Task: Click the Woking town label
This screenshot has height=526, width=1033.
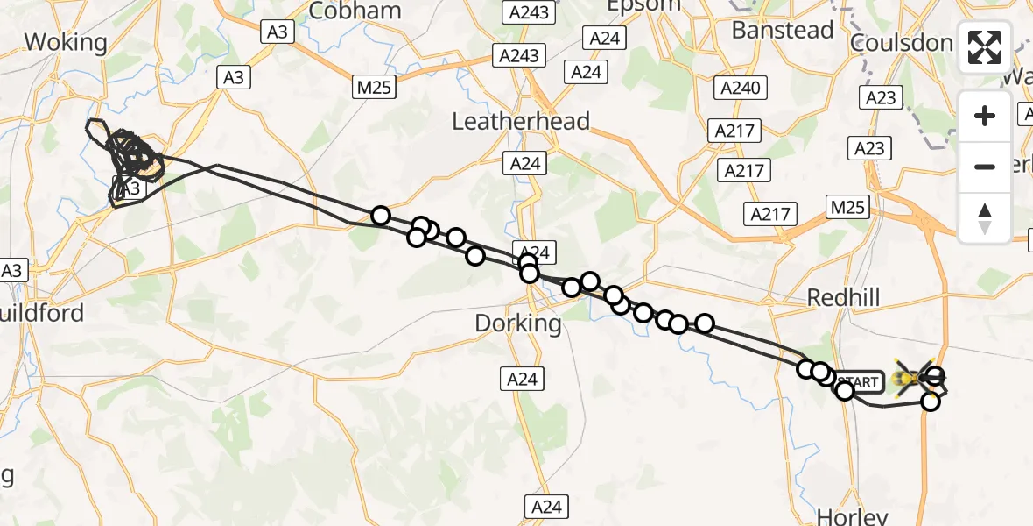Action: pyautogui.click(x=66, y=41)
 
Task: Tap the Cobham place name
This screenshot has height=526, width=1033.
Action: pyautogui.click(x=355, y=11)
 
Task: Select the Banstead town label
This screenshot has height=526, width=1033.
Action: pyautogui.click(x=783, y=30)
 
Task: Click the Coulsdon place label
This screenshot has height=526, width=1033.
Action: pyautogui.click(x=901, y=43)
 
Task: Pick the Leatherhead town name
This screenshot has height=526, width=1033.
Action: pyautogui.click(x=520, y=121)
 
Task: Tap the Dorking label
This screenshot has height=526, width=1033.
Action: pyautogui.click(x=517, y=323)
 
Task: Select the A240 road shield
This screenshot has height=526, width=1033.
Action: pyautogui.click(x=741, y=88)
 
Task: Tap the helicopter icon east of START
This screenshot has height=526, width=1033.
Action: pyautogui.click(x=914, y=378)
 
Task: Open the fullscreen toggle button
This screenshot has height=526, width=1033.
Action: pyautogui.click(x=985, y=47)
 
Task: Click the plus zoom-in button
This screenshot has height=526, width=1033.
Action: pyautogui.click(x=985, y=116)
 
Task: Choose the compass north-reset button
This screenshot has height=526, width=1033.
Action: pyautogui.click(x=985, y=217)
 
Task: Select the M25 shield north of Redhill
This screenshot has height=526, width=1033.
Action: pyautogui.click(x=847, y=207)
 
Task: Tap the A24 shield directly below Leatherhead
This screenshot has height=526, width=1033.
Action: pyautogui.click(x=526, y=162)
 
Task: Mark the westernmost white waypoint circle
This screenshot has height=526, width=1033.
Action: pyautogui.click(x=380, y=216)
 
